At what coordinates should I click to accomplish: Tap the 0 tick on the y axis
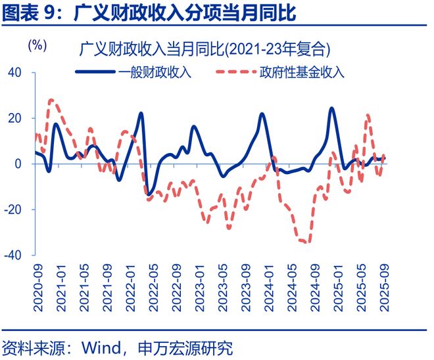(x=18, y=164)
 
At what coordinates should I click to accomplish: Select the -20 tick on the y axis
(x=13, y=210)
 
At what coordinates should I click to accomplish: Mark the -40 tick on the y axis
(x=13, y=255)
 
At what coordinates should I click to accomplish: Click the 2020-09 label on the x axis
(x=37, y=283)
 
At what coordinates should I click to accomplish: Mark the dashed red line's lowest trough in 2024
(x=306, y=242)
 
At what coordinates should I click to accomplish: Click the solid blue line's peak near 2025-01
(x=331, y=108)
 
